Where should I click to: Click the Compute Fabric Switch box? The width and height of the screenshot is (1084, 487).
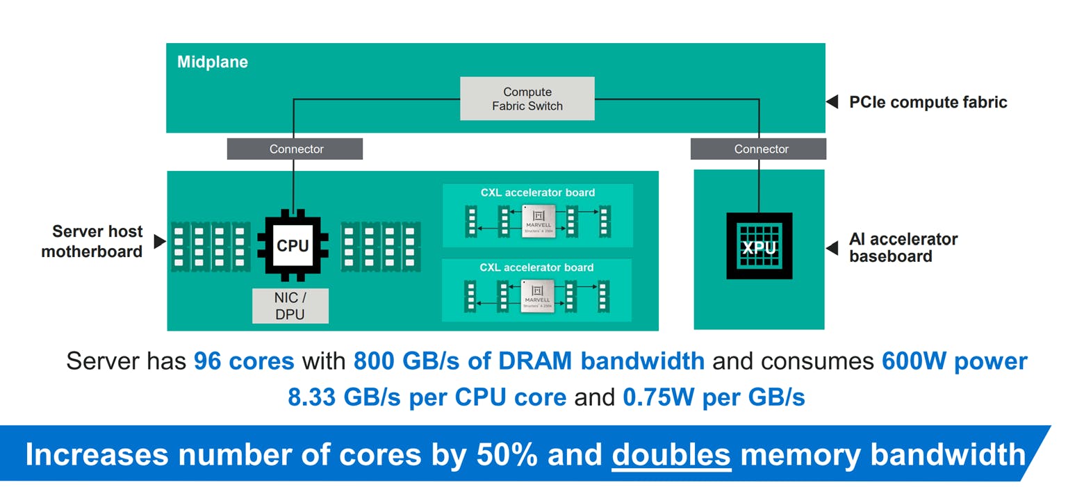(527, 99)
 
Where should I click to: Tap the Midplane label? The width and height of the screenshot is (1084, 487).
(212, 62)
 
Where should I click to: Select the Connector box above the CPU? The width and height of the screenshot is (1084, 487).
(295, 149)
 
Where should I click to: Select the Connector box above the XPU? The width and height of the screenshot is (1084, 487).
(758, 149)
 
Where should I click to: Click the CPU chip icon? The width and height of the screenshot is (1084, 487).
(293, 246)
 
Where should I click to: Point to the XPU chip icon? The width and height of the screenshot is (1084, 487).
(759, 246)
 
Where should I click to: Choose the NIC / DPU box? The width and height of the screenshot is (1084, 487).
(290, 306)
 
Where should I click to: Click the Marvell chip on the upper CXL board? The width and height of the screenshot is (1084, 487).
(538, 222)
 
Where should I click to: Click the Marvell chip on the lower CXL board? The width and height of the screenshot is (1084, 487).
(538, 295)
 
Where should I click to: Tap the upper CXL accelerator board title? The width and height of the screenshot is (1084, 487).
(537, 192)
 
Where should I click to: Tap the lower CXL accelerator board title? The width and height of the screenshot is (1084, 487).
(537, 267)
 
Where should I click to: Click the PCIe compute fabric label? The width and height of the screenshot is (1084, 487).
(928, 102)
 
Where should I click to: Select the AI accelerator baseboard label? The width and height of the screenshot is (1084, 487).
(903, 247)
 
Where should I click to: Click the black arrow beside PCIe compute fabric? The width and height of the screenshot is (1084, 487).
(832, 102)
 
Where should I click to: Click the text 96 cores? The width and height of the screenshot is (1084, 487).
(243, 361)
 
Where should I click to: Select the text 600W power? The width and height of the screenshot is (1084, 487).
(954, 361)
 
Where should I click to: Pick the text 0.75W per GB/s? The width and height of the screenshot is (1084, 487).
(714, 397)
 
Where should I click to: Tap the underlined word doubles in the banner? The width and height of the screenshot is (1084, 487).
(671, 454)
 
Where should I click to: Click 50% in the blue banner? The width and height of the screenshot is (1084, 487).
(507, 454)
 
